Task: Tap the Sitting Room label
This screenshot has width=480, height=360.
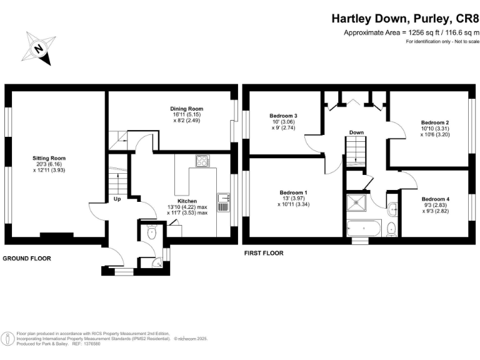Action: coord(49,158)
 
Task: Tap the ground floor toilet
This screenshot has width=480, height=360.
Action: coord(151,232)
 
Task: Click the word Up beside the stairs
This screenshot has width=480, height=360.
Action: coord(117,200)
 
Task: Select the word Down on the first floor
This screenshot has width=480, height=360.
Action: coord(357,132)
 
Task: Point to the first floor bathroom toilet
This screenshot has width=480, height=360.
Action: coord(391,228)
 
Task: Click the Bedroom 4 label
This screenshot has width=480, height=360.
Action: coord(435,199)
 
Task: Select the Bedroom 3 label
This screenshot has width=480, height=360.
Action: coord(283,116)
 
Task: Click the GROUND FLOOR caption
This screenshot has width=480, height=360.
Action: coord(27,258)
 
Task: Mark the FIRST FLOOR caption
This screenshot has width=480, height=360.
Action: coord(263,253)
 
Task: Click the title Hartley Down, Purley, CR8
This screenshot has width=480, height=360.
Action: coord(404,19)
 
